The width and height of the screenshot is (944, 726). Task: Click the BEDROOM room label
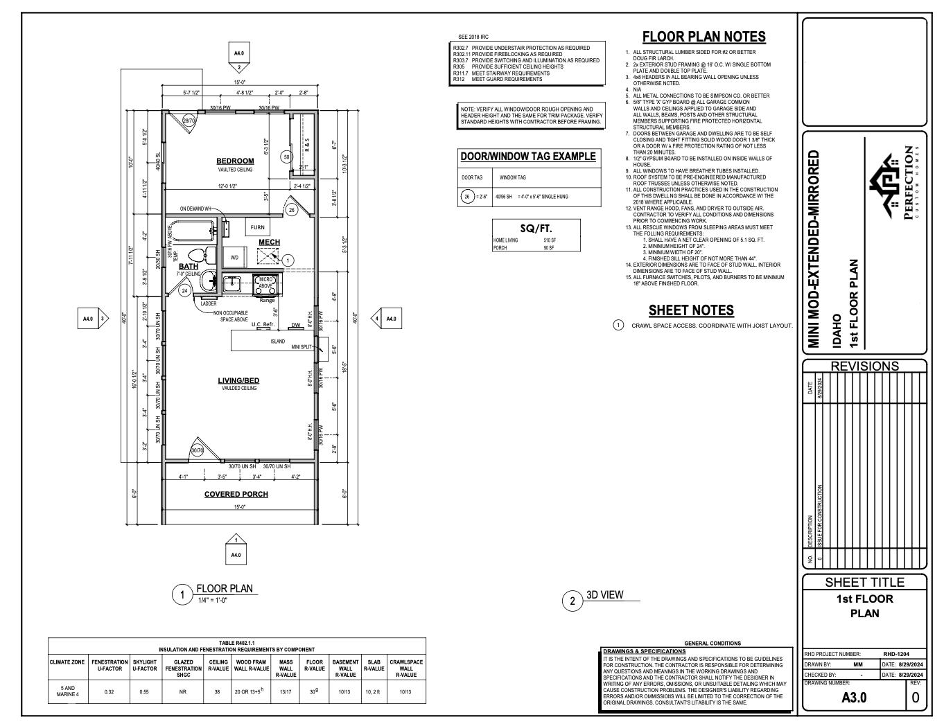point(235,161)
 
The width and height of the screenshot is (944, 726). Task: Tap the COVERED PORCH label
point(236,494)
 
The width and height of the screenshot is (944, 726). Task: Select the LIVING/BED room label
point(238,380)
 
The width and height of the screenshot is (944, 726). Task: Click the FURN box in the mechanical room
point(257,227)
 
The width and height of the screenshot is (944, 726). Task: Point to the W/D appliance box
point(234,257)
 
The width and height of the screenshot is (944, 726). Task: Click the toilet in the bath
point(196,254)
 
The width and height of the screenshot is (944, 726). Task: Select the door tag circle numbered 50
point(286,157)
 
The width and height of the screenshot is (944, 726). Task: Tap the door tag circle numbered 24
point(184,291)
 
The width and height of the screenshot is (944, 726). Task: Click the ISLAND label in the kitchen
point(277,342)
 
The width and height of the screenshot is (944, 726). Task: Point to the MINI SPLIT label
point(301,346)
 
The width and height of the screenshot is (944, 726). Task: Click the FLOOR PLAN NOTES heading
point(703,37)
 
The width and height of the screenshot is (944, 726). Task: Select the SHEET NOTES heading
point(690,310)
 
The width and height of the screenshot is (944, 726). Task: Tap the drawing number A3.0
point(854,697)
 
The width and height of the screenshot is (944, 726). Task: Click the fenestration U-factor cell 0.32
point(109,691)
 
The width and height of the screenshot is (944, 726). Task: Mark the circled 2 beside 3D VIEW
point(572,601)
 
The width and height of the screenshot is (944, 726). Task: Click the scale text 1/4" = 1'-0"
point(213,600)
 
